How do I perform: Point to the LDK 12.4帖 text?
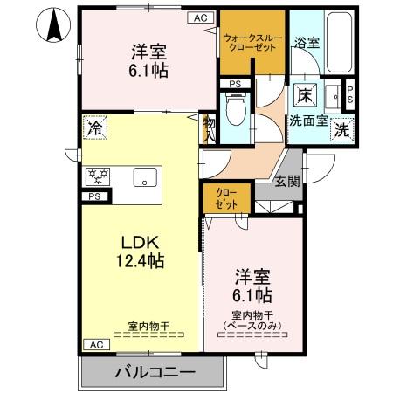pos(137,250)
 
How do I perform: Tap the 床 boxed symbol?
pos(305,94)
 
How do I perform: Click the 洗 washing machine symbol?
pos(343,129)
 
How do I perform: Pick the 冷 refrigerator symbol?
pos(94,128)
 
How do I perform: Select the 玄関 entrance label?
pos(286,182)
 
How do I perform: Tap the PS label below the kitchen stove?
pos(93,197)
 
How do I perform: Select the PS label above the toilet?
pos(235,84)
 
